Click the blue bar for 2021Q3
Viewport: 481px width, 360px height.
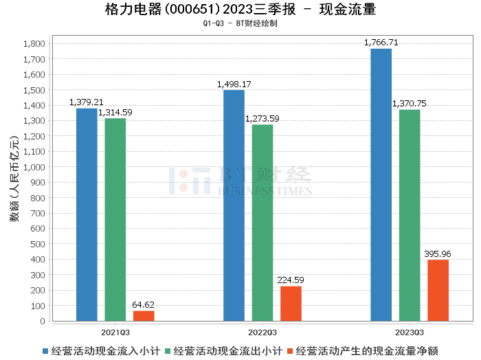(87, 214)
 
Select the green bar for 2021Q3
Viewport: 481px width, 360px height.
(115, 219)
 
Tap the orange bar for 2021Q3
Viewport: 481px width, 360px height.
(144, 315)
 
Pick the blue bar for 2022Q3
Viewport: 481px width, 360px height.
(234, 205)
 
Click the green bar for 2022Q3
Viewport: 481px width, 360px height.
(262, 223)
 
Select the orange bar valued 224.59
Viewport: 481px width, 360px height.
(291, 303)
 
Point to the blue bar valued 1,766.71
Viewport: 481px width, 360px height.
(381, 185)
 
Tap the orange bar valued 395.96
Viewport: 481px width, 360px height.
(438, 290)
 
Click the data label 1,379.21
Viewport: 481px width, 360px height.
(87, 102)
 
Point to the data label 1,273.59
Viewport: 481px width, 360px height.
(262, 118)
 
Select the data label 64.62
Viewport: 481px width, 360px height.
(144, 304)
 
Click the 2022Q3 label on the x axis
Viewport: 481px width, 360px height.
(262, 332)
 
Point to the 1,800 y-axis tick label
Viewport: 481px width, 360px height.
(34, 43)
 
